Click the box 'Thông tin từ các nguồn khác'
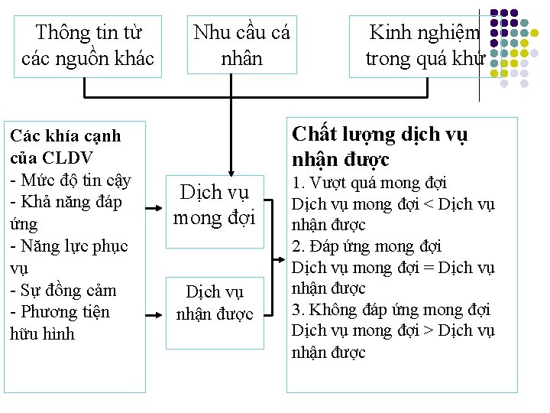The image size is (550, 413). click(88, 45)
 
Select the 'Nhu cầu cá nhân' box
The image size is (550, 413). click(241, 45)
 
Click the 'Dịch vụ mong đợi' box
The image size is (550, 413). click(218, 205)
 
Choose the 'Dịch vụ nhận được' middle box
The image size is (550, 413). click(215, 303)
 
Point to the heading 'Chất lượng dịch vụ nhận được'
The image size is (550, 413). click(380, 147)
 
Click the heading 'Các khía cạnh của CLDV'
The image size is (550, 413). click(65, 147)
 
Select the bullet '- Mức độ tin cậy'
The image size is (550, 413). click(70, 180)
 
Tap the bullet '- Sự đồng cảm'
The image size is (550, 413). click(63, 291)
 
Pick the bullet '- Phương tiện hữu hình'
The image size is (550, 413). click(60, 323)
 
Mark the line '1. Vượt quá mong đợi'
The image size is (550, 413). click(369, 183)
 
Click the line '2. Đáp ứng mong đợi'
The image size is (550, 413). click(367, 246)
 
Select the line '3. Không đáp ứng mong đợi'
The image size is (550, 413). click(391, 310)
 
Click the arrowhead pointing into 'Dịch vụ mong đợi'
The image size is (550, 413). click(228, 169)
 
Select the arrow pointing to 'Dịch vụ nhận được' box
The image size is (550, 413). click(158, 314)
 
